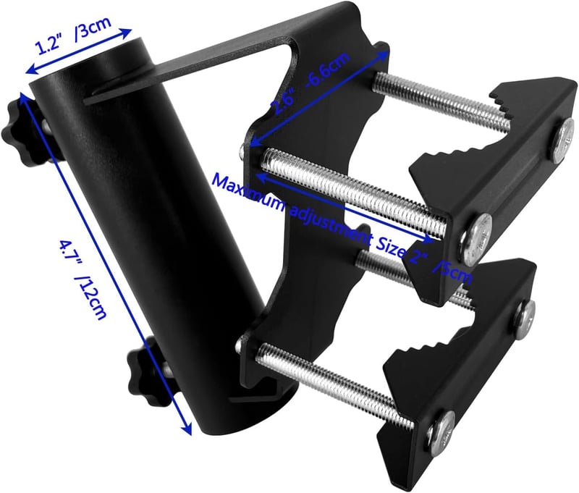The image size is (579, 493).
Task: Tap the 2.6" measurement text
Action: pyautogui.click(x=285, y=101)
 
